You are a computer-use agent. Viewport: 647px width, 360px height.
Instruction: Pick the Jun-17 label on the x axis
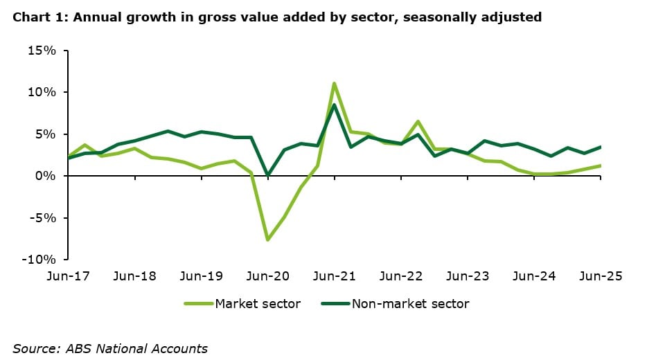click(x=68, y=276)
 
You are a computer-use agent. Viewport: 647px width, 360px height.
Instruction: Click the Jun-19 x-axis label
click(x=202, y=276)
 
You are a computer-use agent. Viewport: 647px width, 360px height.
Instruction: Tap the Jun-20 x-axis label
click(x=268, y=276)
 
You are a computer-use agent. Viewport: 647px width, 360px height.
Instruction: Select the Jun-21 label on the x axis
click(x=335, y=276)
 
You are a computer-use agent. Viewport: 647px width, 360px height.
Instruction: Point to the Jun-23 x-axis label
click(x=468, y=276)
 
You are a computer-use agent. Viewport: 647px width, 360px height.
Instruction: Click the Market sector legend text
click(x=258, y=303)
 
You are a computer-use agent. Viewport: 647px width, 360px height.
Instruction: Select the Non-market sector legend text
click(x=410, y=303)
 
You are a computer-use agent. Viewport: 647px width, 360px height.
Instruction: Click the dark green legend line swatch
click(x=335, y=303)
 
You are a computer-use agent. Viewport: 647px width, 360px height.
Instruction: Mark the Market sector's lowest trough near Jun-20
click(x=268, y=240)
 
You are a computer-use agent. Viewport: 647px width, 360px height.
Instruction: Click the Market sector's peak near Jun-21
click(x=335, y=84)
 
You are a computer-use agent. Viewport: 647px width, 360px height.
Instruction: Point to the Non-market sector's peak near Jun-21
click(x=335, y=105)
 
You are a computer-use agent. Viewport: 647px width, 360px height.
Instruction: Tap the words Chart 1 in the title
click(x=34, y=17)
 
